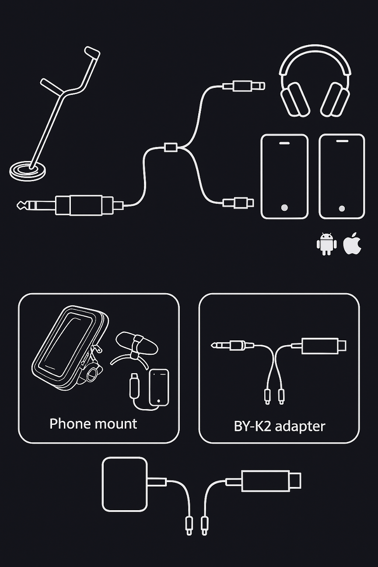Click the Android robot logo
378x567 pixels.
[327, 244]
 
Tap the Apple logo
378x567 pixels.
[352, 244]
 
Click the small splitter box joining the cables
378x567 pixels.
[171, 147]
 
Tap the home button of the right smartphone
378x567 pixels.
[342, 208]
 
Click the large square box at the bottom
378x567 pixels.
[125, 484]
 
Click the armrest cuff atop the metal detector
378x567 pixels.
[92, 54]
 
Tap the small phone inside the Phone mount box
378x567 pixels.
[159, 387]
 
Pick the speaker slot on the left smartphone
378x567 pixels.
[285, 143]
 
